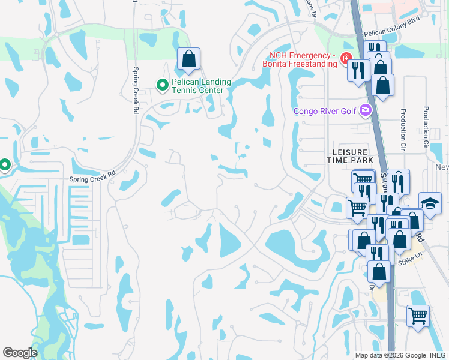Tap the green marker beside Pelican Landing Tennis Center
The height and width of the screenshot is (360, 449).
point(161,85)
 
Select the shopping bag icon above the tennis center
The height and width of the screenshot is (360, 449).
point(188,59)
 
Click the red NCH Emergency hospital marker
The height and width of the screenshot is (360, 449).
point(345,59)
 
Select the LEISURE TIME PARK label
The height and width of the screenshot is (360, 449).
point(350,156)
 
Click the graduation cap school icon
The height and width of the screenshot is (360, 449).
point(430,203)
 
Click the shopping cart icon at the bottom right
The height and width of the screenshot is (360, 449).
point(418,314)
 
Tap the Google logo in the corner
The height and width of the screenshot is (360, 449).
point(20,353)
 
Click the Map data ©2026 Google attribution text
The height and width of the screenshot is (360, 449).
point(401,355)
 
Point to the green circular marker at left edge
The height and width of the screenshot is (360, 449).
point(4,164)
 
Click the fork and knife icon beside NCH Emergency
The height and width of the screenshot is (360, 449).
point(358,70)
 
